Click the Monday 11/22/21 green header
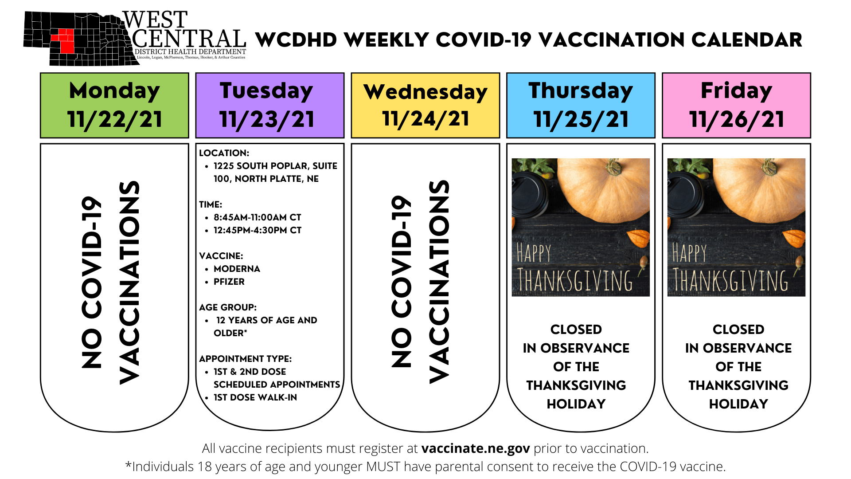(x=114, y=105)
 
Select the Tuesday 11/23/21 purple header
(x=270, y=105)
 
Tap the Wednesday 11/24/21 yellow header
(x=425, y=105)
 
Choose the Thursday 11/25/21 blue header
(x=581, y=105)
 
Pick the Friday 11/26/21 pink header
(x=737, y=105)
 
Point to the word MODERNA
(x=237, y=269)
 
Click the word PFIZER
(x=229, y=282)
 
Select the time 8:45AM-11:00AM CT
(x=258, y=217)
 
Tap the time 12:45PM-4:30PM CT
(x=258, y=230)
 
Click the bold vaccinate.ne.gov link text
(x=476, y=449)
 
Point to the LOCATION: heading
(x=224, y=153)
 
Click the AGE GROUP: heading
(x=228, y=307)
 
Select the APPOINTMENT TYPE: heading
(x=246, y=359)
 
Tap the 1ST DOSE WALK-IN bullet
(x=255, y=397)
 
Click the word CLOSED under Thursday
(x=576, y=330)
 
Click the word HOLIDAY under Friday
(x=738, y=404)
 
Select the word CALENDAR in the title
(x=747, y=40)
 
